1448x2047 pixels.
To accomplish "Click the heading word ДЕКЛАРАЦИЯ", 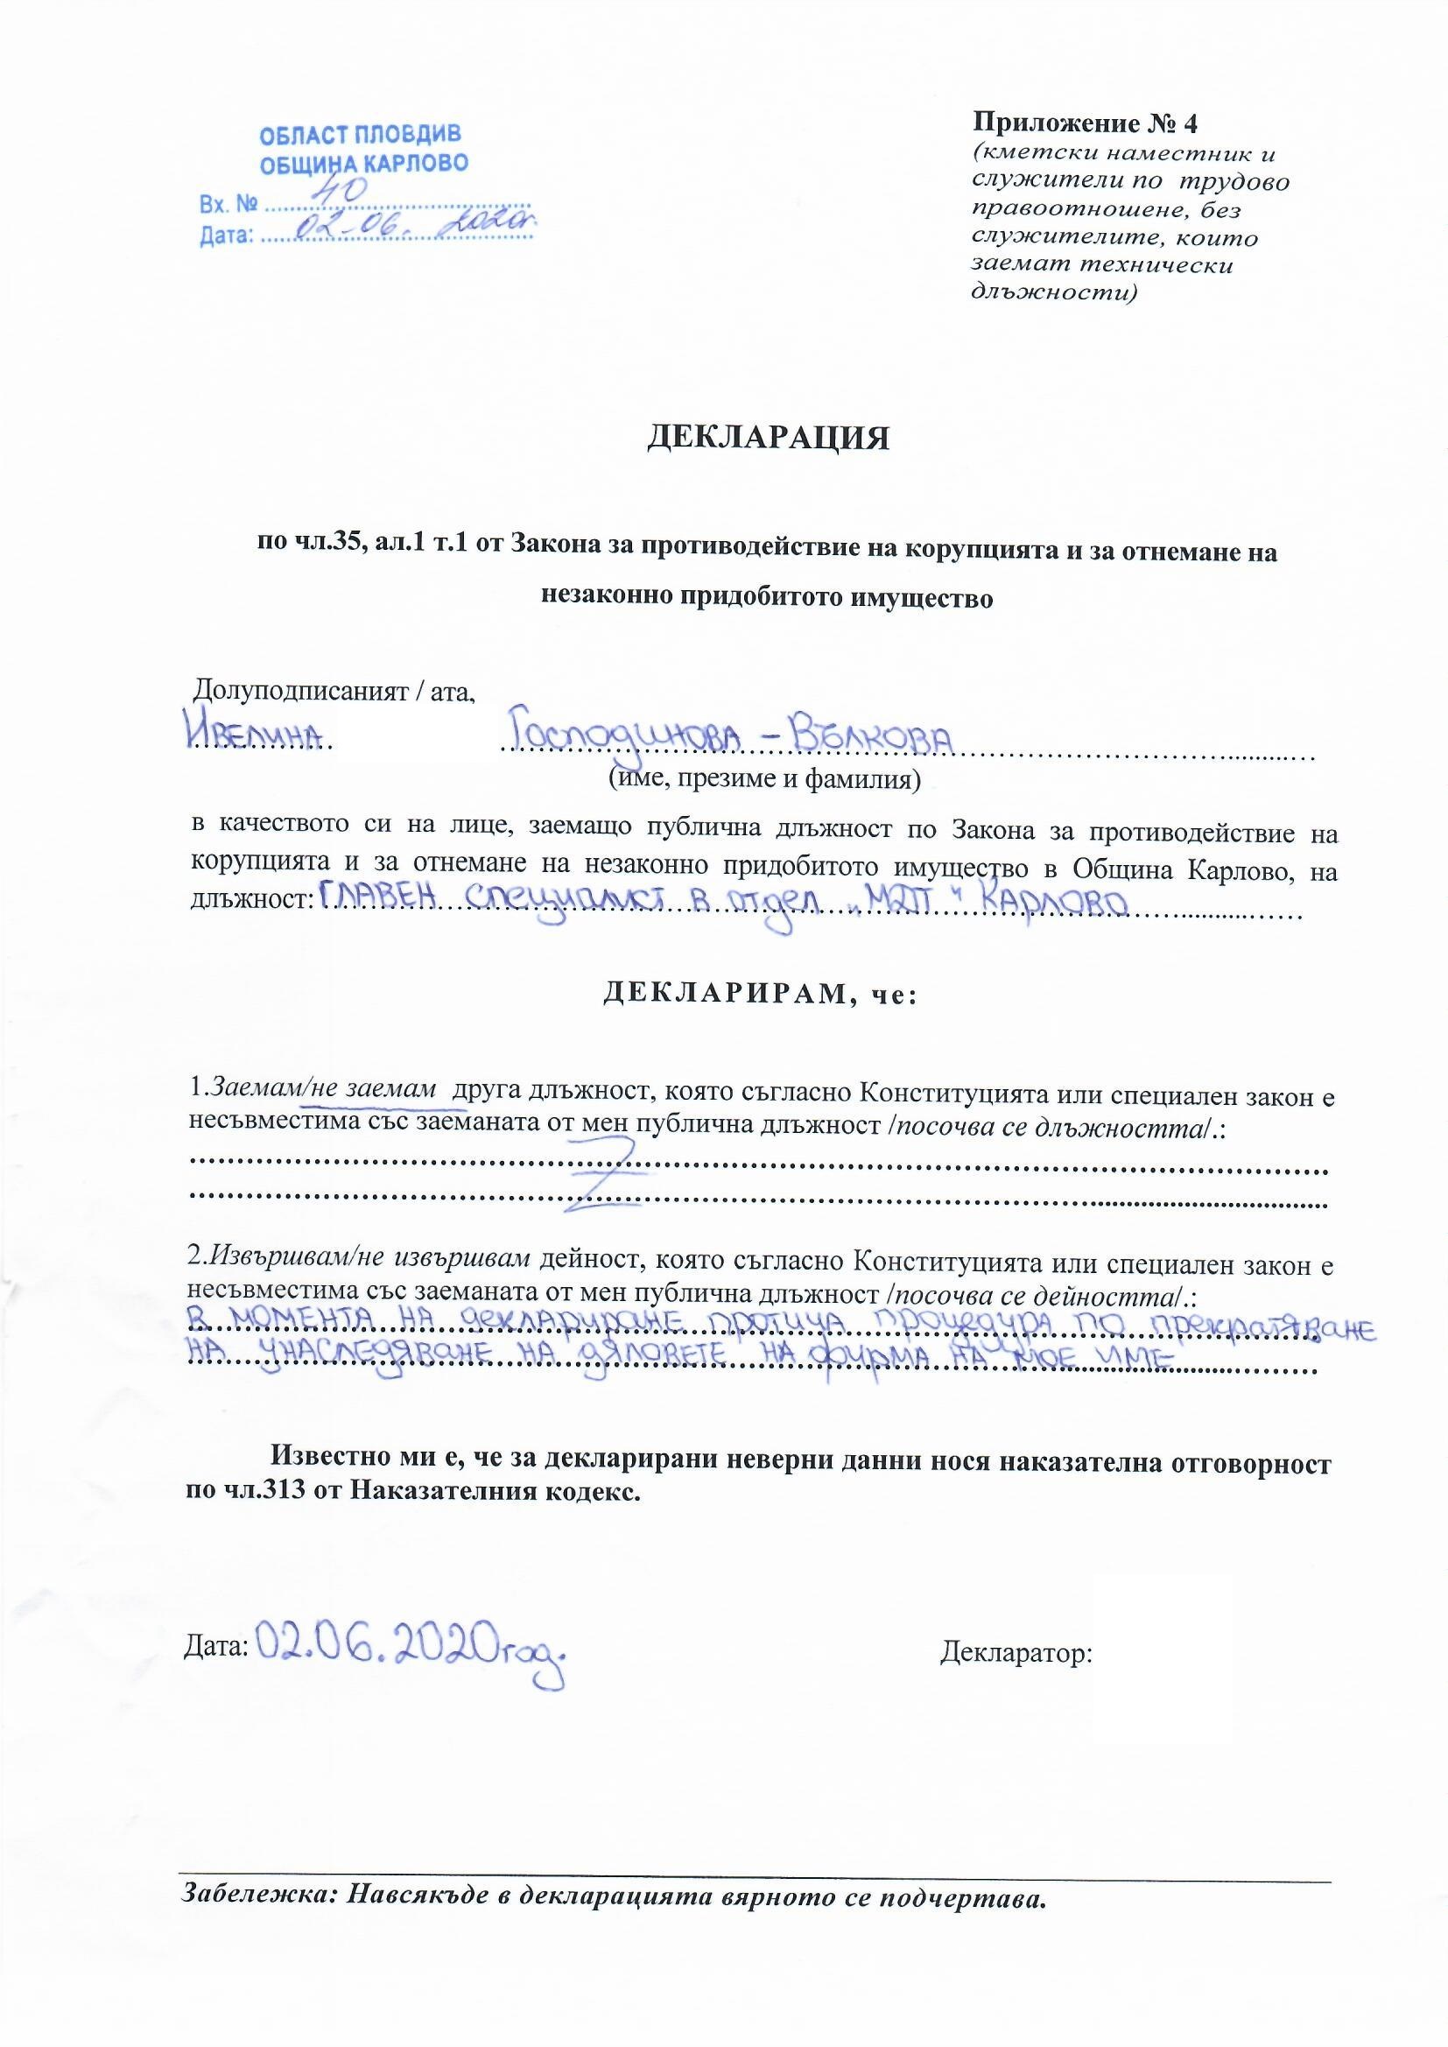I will (x=768, y=439).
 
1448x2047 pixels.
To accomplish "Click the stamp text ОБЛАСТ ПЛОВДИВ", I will (x=360, y=136).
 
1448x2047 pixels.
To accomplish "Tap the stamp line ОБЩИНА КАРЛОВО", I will (x=363, y=164).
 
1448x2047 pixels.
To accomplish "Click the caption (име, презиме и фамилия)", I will (x=764, y=779).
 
